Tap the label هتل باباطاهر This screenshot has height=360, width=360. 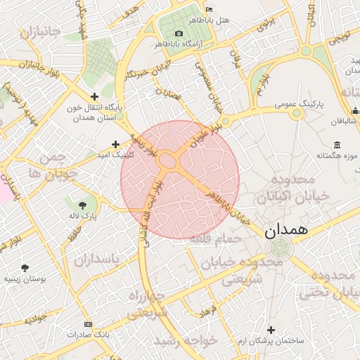click(215, 20)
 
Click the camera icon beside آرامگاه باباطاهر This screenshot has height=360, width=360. click(179, 33)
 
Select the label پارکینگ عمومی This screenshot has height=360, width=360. click(298, 103)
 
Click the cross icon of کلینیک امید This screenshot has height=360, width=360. click(115, 144)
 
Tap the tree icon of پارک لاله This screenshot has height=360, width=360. click(83, 204)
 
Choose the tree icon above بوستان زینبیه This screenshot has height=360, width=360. click(26, 268)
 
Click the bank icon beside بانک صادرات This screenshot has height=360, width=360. click(87, 324)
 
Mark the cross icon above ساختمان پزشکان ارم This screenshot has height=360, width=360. click(271, 330)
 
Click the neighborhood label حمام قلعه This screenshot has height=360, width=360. click(225, 239)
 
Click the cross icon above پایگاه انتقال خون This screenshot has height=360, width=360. click(94, 96)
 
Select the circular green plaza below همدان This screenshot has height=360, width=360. click(280, 247)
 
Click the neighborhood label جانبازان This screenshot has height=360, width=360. click(44, 32)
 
